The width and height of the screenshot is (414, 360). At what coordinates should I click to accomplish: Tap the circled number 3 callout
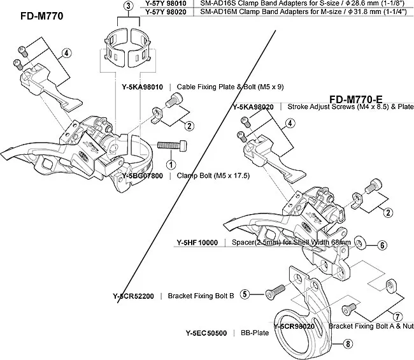click(x=128, y=6)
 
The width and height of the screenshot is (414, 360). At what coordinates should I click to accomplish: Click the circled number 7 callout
click(x=397, y=315)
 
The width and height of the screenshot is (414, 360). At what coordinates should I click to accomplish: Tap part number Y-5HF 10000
click(x=196, y=243)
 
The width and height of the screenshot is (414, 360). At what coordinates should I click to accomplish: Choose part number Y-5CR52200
click(x=133, y=296)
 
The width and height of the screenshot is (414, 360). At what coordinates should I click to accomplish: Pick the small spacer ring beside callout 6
click(x=360, y=242)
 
